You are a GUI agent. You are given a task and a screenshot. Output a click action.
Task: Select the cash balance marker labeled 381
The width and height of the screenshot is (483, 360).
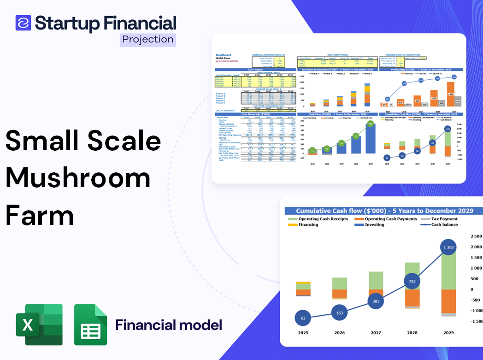click(x=376, y=301)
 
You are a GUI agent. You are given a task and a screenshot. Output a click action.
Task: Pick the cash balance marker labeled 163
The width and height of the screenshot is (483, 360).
click(x=340, y=313)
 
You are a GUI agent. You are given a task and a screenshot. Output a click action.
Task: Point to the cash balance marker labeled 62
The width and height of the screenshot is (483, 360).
click(x=303, y=318)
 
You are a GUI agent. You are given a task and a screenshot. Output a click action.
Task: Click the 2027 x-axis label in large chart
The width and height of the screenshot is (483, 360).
click(x=376, y=332)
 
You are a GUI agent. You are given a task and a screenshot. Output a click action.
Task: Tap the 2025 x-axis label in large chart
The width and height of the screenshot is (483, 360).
click(x=303, y=332)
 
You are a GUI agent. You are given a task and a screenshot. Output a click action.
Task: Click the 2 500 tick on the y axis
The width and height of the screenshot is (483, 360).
click(x=476, y=236)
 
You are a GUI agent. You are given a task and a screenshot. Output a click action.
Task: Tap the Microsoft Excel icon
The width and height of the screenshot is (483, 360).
click(x=39, y=325)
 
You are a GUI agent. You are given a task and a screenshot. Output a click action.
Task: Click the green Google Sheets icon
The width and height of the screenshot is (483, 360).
click(x=91, y=325)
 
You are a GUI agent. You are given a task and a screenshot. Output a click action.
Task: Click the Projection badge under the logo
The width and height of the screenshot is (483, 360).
click(x=147, y=39)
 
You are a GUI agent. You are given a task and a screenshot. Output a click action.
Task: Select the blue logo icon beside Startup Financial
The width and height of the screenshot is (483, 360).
click(x=23, y=23)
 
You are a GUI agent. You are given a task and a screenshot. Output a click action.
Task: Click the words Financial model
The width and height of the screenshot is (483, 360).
click(x=169, y=325)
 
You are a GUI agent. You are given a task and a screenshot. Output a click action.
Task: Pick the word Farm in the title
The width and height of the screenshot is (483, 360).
click(x=40, y=215)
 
